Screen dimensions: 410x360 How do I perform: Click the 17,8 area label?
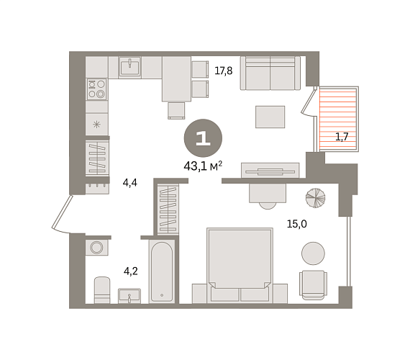pyautogui.click(x=223, y=71)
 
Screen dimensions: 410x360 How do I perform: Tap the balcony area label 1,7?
pyautogui.click(x=342, y=137)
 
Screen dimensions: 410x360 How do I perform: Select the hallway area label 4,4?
pyautogui.click(x=130, y=182)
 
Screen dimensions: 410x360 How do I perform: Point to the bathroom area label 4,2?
pyautogui.click(x=131, y=271)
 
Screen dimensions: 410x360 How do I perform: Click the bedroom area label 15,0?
pyautogui.click(x=297, y=224)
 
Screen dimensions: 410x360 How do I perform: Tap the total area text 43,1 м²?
pyautogui.click(x=203, y=166)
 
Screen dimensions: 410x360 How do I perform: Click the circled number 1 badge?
pyautogui.click(x=203, y=138)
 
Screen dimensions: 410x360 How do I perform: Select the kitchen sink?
pyautogui.click(x=130, y=67)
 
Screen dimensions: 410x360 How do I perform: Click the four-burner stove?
pyautogui.click(x=97, y=89)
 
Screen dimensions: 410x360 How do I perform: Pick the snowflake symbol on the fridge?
pyautogui.click(x=97, y=125)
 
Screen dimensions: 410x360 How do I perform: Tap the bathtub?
pyautogui.click(x=162, y=271)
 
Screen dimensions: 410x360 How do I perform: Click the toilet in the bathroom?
pyautogui.click(x=102, y=290)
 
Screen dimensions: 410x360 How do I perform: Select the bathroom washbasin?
pyautogui.click(x=129, y=296)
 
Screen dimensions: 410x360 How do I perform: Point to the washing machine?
pyautogui.click(x=96, y=247)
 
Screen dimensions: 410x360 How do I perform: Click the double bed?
pyautogui.click(x=240, y=266)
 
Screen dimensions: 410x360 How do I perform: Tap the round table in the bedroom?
pyautogui.click(x=313, y=253)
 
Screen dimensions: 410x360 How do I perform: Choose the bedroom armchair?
pyautogui.click(x=313, y=285)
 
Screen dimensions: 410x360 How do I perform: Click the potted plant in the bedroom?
pyautogui.click(x=316, y=198)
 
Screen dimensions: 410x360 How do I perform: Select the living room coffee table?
pyautogui.click(x=270, y=117)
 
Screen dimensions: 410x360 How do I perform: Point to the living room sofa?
pyautogui.click(x=270, y=73)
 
